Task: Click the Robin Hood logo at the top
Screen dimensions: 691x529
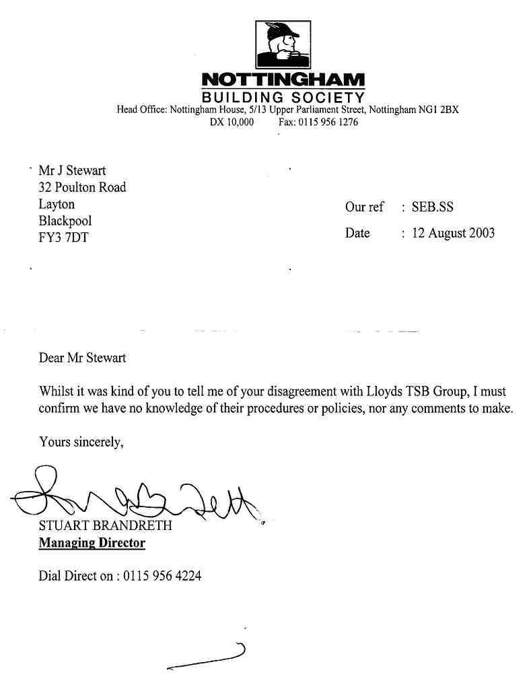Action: [x=283, y=44]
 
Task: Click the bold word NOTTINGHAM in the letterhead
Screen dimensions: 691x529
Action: [x=283, y=80]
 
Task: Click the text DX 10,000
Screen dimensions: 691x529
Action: [x=232, y=123]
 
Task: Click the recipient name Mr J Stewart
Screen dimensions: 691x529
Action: [x=73, y=171]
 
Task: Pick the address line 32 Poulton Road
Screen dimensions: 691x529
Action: [x=82, y=187]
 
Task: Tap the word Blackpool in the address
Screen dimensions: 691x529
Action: [x=65, y=220]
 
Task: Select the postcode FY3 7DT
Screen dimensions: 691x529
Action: [x=63, y=237]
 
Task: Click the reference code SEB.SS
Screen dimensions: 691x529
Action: [x=433, y=207]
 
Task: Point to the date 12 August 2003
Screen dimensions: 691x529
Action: [x=453, y=233]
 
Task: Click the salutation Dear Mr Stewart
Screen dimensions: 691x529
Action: [x=82, y=358]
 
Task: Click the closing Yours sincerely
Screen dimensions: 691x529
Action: [x=81, y=442]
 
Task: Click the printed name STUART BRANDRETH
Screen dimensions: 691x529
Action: [x=106, y=526]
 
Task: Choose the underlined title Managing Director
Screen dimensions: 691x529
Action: [x=92, y=543]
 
